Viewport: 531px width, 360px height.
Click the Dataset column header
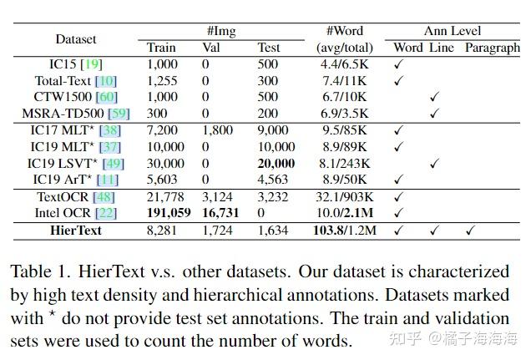(x=76, y=39)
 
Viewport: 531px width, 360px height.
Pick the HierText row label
(x=76, y=230)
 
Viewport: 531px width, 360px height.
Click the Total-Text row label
(x=76, y=81)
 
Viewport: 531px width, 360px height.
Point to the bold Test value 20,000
(x=276, y=163)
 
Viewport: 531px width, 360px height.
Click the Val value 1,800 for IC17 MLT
(x=218, y=129)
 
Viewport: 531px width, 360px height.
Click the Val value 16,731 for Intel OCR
(x=220, y=213)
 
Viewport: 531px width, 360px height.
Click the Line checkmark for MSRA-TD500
(x=434, y=114)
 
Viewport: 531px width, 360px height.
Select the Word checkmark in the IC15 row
(x=399, y=64)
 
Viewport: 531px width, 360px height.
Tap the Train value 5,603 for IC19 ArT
(x=163, y=180)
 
